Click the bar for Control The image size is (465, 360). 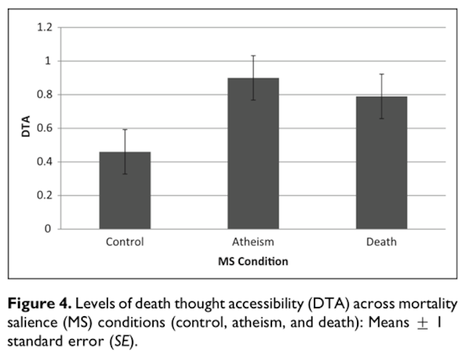tap(125, 190)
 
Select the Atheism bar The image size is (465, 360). tap(253, 153)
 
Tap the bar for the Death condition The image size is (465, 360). tap(381, 163)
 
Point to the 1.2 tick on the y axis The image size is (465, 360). tap(46, 28)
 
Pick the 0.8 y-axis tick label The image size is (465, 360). tap(46, 95)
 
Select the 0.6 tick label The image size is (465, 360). tap(46, 128)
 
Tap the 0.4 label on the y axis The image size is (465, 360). tap(46, 162)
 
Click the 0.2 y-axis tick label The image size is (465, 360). tap(46, 195)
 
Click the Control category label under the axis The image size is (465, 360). tap(125, 242)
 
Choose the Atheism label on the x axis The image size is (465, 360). tap(253, 242)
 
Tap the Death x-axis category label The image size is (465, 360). tap(381, 242)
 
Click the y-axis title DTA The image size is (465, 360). tap(26, 128)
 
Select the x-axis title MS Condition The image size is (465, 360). tap(253, 261)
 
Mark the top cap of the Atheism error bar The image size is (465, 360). tap(253, 56)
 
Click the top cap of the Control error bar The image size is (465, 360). tap(125, 129)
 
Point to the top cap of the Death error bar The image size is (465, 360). tap(381, 75)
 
